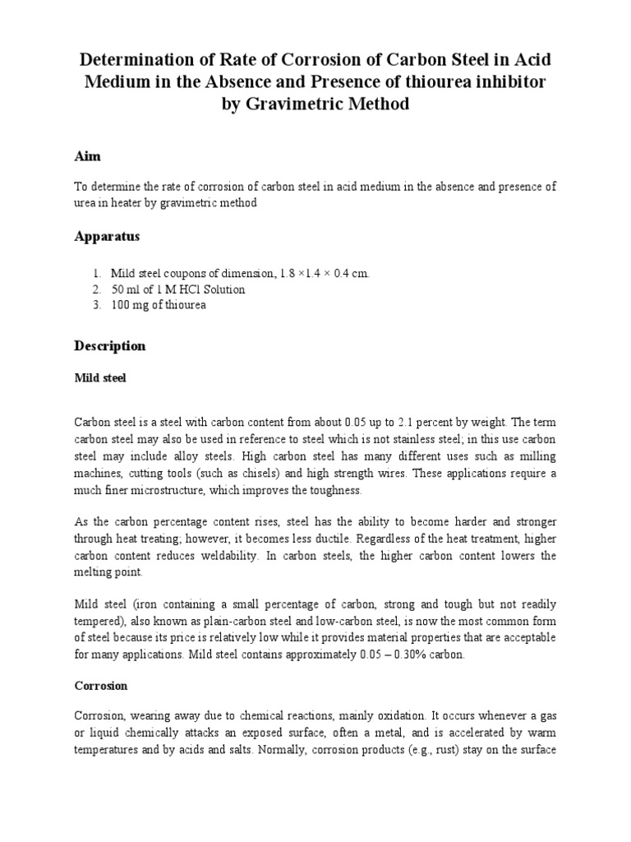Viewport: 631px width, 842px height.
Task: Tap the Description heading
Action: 109,346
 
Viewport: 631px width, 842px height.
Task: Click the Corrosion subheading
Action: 101,685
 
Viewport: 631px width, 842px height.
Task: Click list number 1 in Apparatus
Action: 96,273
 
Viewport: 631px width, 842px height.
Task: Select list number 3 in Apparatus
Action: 96,305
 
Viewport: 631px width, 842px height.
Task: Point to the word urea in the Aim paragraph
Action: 86,202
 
